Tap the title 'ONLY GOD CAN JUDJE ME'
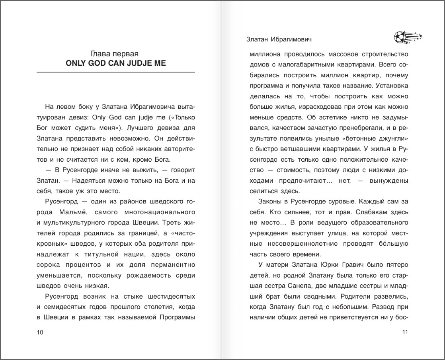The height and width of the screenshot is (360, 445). pos(115,63)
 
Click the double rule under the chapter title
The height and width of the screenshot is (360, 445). pos(115,72)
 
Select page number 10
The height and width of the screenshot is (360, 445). pos(40,333)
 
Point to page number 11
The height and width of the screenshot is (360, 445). pos(405,333)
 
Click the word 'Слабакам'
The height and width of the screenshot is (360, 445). pos(369,211)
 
